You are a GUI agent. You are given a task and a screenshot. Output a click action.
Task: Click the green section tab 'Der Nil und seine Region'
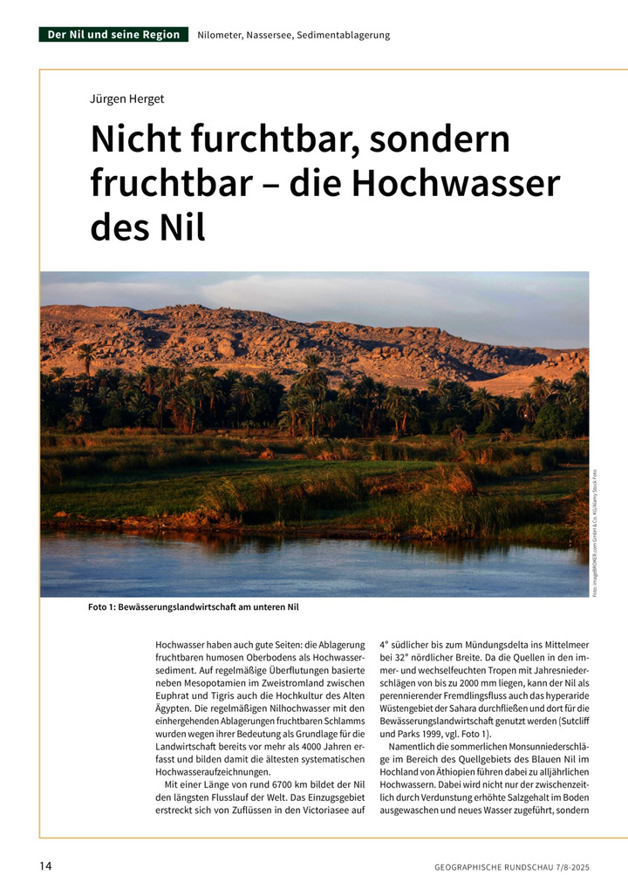114,35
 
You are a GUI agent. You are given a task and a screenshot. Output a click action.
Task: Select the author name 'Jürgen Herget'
127,98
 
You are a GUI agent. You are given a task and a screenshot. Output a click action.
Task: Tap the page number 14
45,865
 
